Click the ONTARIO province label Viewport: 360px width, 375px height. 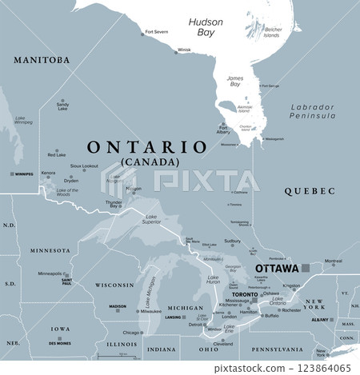(x=146, y=147)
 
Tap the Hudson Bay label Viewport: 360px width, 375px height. (x=206, y=27)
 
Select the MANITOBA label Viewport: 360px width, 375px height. (x=42, y=60)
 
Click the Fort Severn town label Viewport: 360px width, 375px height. (x=156, y=33)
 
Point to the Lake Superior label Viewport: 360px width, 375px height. (x=151, y=217)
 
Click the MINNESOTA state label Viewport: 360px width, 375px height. (x=50, y=250)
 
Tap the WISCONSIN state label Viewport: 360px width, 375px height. (x=113, y=285)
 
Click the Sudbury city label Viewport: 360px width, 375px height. (x=232, y=241)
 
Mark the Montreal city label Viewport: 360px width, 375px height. (x=333, y=261)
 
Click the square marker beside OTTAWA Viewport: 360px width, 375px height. (x=306, y=269)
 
